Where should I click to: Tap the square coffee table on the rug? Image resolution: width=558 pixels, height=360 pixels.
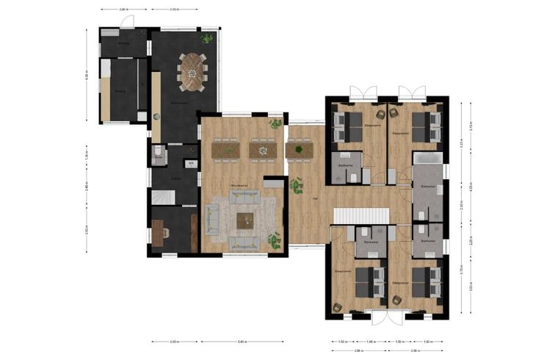pos(244,220)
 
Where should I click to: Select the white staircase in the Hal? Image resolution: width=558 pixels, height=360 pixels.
pos(360,217)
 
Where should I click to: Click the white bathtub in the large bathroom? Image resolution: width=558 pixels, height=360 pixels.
pos(427,158)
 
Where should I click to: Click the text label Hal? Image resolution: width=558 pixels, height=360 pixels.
pos(315,198)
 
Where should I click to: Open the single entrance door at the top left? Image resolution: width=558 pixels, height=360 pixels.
pos(127,22)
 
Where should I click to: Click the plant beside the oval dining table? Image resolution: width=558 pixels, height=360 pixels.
pos(207,37)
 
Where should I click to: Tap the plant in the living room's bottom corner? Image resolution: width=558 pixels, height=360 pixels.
pos(275,240)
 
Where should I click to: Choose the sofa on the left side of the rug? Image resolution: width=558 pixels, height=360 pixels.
pos(212,218)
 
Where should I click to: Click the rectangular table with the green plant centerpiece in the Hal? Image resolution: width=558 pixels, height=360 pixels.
pos(300,150)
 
